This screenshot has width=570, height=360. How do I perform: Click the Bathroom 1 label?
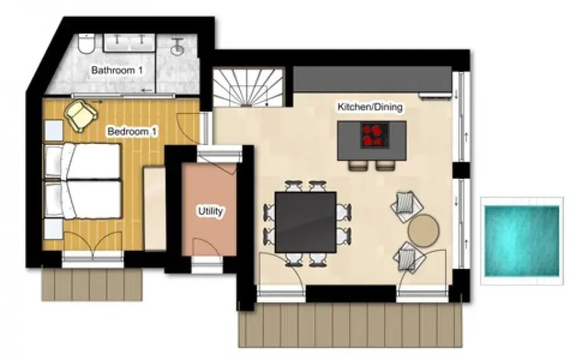(117, 70)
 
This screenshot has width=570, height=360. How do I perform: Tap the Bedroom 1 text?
(132, 131)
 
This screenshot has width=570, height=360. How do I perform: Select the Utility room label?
(210, 211)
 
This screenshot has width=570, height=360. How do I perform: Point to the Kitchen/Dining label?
(370, 107)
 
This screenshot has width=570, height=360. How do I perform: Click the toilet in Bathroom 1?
(87, 44)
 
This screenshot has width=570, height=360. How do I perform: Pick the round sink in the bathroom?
(178, 48)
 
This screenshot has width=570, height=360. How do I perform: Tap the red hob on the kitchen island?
(374, 135)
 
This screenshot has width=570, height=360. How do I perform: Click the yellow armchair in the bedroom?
(82, 115)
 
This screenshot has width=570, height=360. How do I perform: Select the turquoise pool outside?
(522, 240)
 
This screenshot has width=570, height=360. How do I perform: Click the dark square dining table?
(305, 222)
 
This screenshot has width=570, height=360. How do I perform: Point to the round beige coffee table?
(424, 231)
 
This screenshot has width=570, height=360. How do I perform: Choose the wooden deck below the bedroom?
(92, 285)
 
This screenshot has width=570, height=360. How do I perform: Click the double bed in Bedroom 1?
(82, 181)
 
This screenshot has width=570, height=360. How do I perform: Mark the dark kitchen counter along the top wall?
(372, 79)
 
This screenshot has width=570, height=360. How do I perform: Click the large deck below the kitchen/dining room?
(350, 325)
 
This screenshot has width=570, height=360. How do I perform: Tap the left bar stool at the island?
(358, 165)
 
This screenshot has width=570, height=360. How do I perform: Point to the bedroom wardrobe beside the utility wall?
(155, 208)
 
